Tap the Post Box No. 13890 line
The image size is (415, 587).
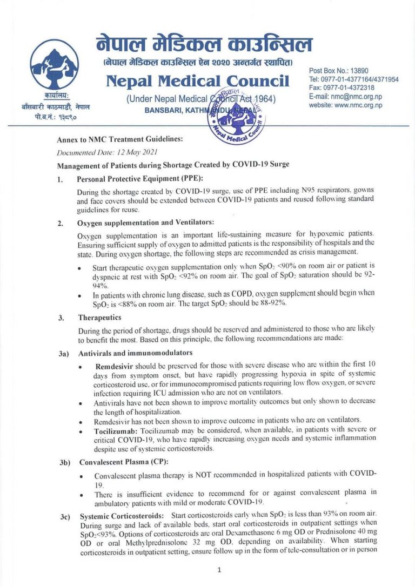(338, 71)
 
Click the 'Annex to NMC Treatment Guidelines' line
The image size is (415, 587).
(119, 139)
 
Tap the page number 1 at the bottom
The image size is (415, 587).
(219, 570)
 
